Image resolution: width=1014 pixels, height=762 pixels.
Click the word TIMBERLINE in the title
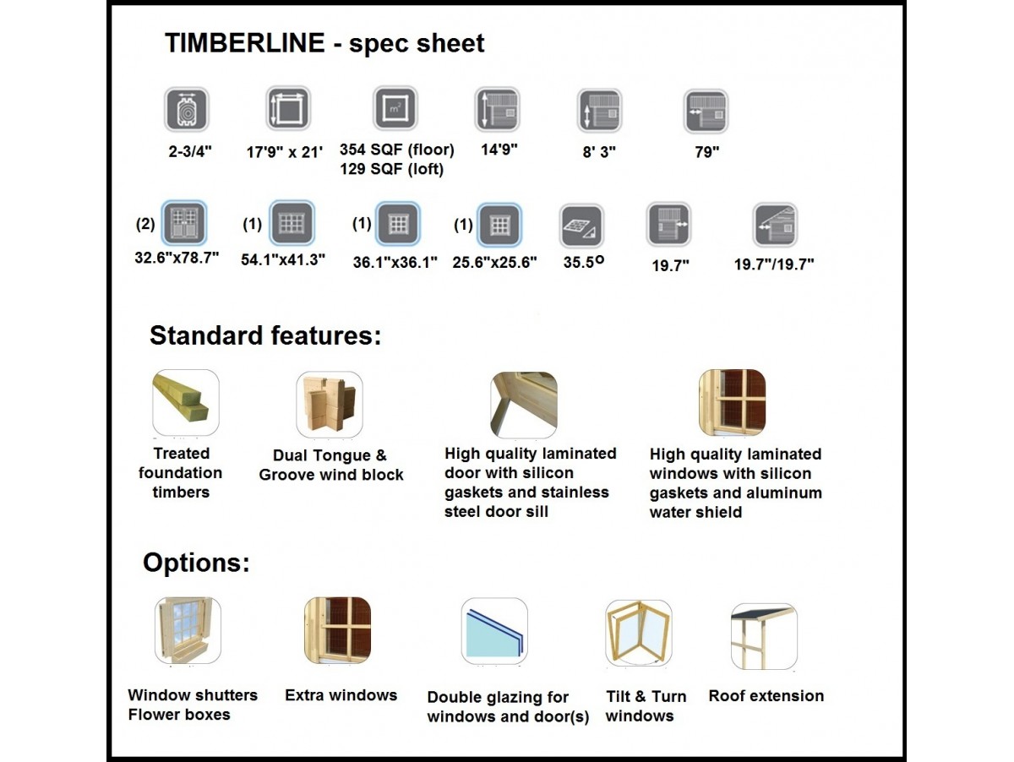(x=245, y=43)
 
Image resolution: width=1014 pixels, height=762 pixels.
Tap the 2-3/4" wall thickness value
(x=190, y=151)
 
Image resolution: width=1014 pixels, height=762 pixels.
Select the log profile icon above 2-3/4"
(x=187, y=110)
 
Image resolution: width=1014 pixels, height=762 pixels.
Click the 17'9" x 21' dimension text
(x=285, y=152)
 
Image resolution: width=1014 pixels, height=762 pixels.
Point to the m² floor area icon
(x=395, y=108)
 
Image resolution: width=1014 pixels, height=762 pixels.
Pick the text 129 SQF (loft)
(x=392, y=170)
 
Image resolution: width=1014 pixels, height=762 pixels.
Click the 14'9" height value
(x=499, y=150)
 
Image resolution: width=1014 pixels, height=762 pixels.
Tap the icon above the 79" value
(x=706, y=112)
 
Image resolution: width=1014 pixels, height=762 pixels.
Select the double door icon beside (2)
(x=184, y=223)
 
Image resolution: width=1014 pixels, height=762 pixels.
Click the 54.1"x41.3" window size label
(x=283, y=260)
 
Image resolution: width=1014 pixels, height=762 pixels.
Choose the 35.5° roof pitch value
(x=583, y=262)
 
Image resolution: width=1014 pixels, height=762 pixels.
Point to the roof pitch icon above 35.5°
(x=581, y=226)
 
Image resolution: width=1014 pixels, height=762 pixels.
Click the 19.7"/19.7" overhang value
(x=774, y=264)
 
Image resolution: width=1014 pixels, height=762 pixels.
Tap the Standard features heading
(x=265, y=335)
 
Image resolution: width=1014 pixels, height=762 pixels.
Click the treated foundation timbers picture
(x=186, y=403)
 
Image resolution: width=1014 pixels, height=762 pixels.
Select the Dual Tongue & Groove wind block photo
(x=330, y=405)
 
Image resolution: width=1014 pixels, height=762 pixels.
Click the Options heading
(x=196, y=563)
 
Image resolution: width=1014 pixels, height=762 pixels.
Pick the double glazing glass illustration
(x=494, y=631)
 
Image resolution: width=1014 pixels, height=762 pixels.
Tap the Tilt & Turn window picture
(x=639, y=633)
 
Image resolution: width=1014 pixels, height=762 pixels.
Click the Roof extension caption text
(x=766, y=696)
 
